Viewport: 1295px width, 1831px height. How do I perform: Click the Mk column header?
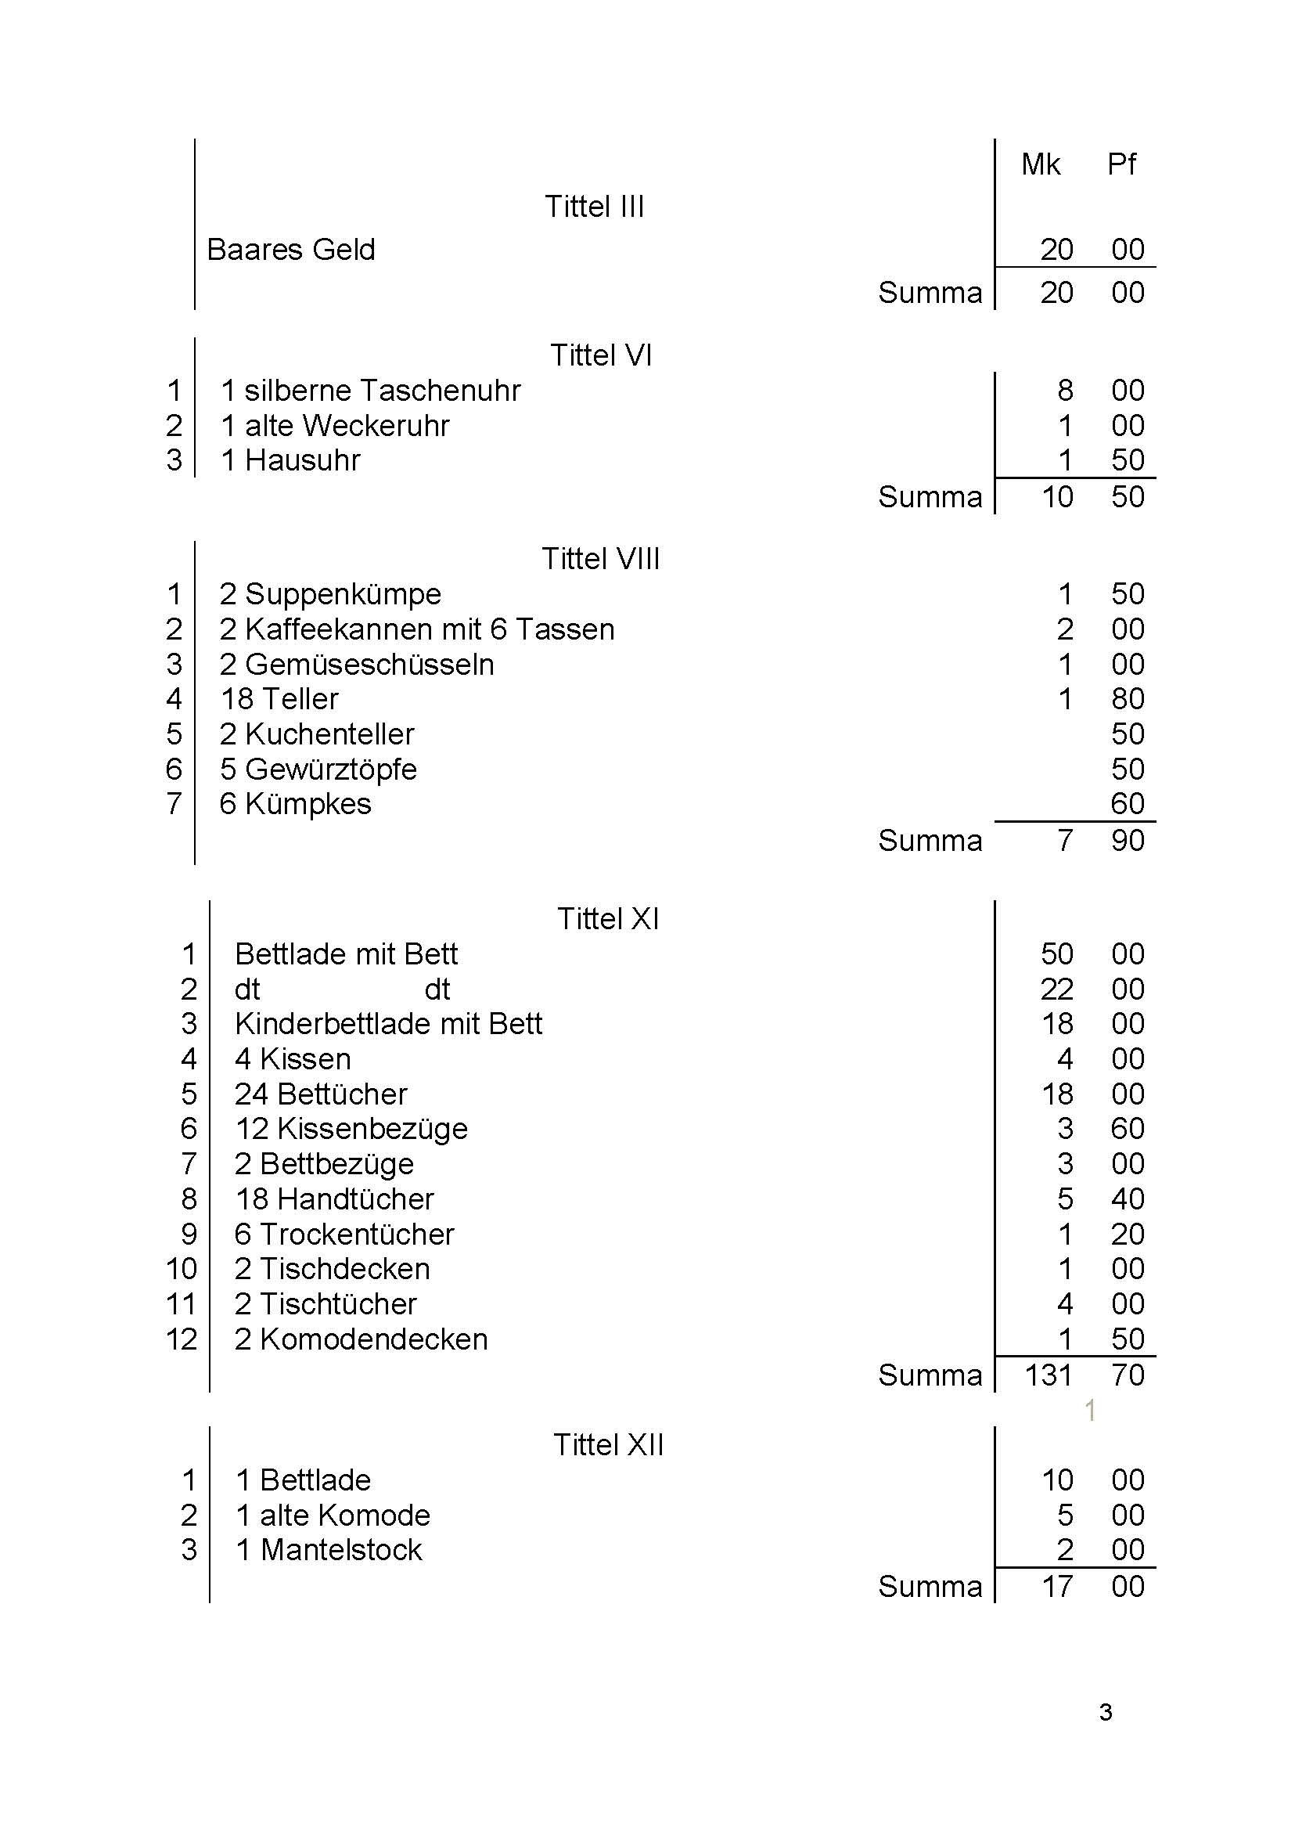click(x=1040, y=165)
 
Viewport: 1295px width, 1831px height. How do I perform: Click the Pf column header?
click(x=1121, y=165)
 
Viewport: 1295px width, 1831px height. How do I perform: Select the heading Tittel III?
click(x=594, y=207)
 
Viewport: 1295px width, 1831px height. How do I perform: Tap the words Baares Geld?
click(x=290, y=251)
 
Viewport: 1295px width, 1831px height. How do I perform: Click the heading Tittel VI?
click(x=600, y=356)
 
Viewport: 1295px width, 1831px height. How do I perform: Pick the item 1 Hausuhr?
click(x=290, y=461)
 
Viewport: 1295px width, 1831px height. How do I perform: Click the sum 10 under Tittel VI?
click(x=1056, y=497)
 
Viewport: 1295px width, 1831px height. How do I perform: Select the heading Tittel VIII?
click(x=600, y=559)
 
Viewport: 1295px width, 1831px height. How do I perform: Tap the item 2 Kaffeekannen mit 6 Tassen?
click(x=416, y=629)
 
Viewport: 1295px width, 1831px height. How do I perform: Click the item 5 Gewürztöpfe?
click(x=318, y=769)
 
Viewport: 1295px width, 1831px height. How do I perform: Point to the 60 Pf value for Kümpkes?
click(x=1127, y=804)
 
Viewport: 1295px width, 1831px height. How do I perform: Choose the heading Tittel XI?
click(x=608, y=919)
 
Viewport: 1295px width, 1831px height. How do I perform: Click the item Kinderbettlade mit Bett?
click(x=388, y=1024)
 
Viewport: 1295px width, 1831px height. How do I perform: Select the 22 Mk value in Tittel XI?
click(x=1056, y=989)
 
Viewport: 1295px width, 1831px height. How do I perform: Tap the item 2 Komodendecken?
click(x=361, y=1339)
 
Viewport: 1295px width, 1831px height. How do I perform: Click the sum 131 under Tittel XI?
click(x=1047, y=1375)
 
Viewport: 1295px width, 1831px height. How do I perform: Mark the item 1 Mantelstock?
click(x=329, y=1550)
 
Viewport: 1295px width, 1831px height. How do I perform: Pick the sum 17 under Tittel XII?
click(x=1056, y=1587)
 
